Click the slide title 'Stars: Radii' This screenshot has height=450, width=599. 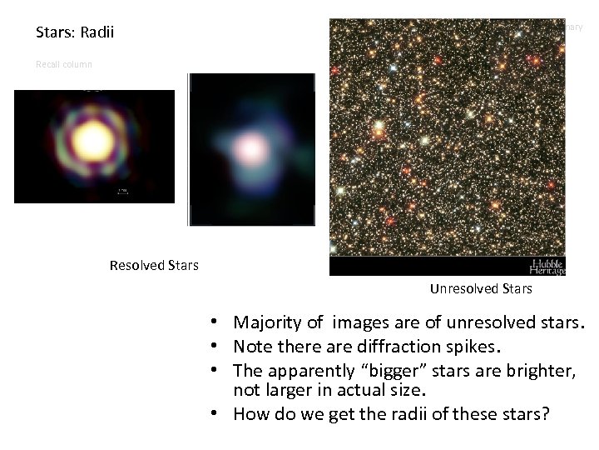tap(75, 33)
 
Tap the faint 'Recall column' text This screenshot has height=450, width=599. tap(64, 64)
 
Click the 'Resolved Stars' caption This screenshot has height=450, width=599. tap(154, 266)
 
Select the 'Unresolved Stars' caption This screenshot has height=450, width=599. tap(481, 289)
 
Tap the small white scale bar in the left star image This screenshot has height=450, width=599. tap(122, 192)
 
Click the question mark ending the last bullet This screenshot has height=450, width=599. tap(545, 414)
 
